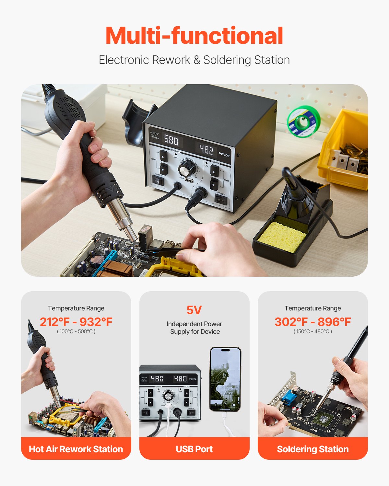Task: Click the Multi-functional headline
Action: pyautogui.click(x=194, y=36)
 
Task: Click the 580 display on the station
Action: pyautogui.click(x=171, y=140)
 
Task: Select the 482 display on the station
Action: pyautogui.click(x=206, y=150)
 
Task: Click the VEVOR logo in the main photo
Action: pyautogui.click(x=224, y=155)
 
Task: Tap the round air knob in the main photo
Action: pyautogui.click(x=187, y=169)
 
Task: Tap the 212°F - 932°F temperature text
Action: pyautogui.click(x=76, y=322)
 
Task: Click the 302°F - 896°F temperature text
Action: pyautogui.click(x=312, y=322)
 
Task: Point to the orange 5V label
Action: pyautogui.click(x=194, y=310)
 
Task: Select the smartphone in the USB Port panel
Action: pyautogui.click(x=225, y=379)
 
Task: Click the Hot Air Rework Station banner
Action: pyautogui.click(x=76, y=449)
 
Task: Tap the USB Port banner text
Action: pyautogui.click(x=194, y=449)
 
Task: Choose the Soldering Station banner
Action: pyautogui.click(x=312, y=449)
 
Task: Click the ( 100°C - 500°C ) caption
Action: pyautogui.click(x=76, y=331)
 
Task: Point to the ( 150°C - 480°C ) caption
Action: pyautogui.click(x=312, y=331)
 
